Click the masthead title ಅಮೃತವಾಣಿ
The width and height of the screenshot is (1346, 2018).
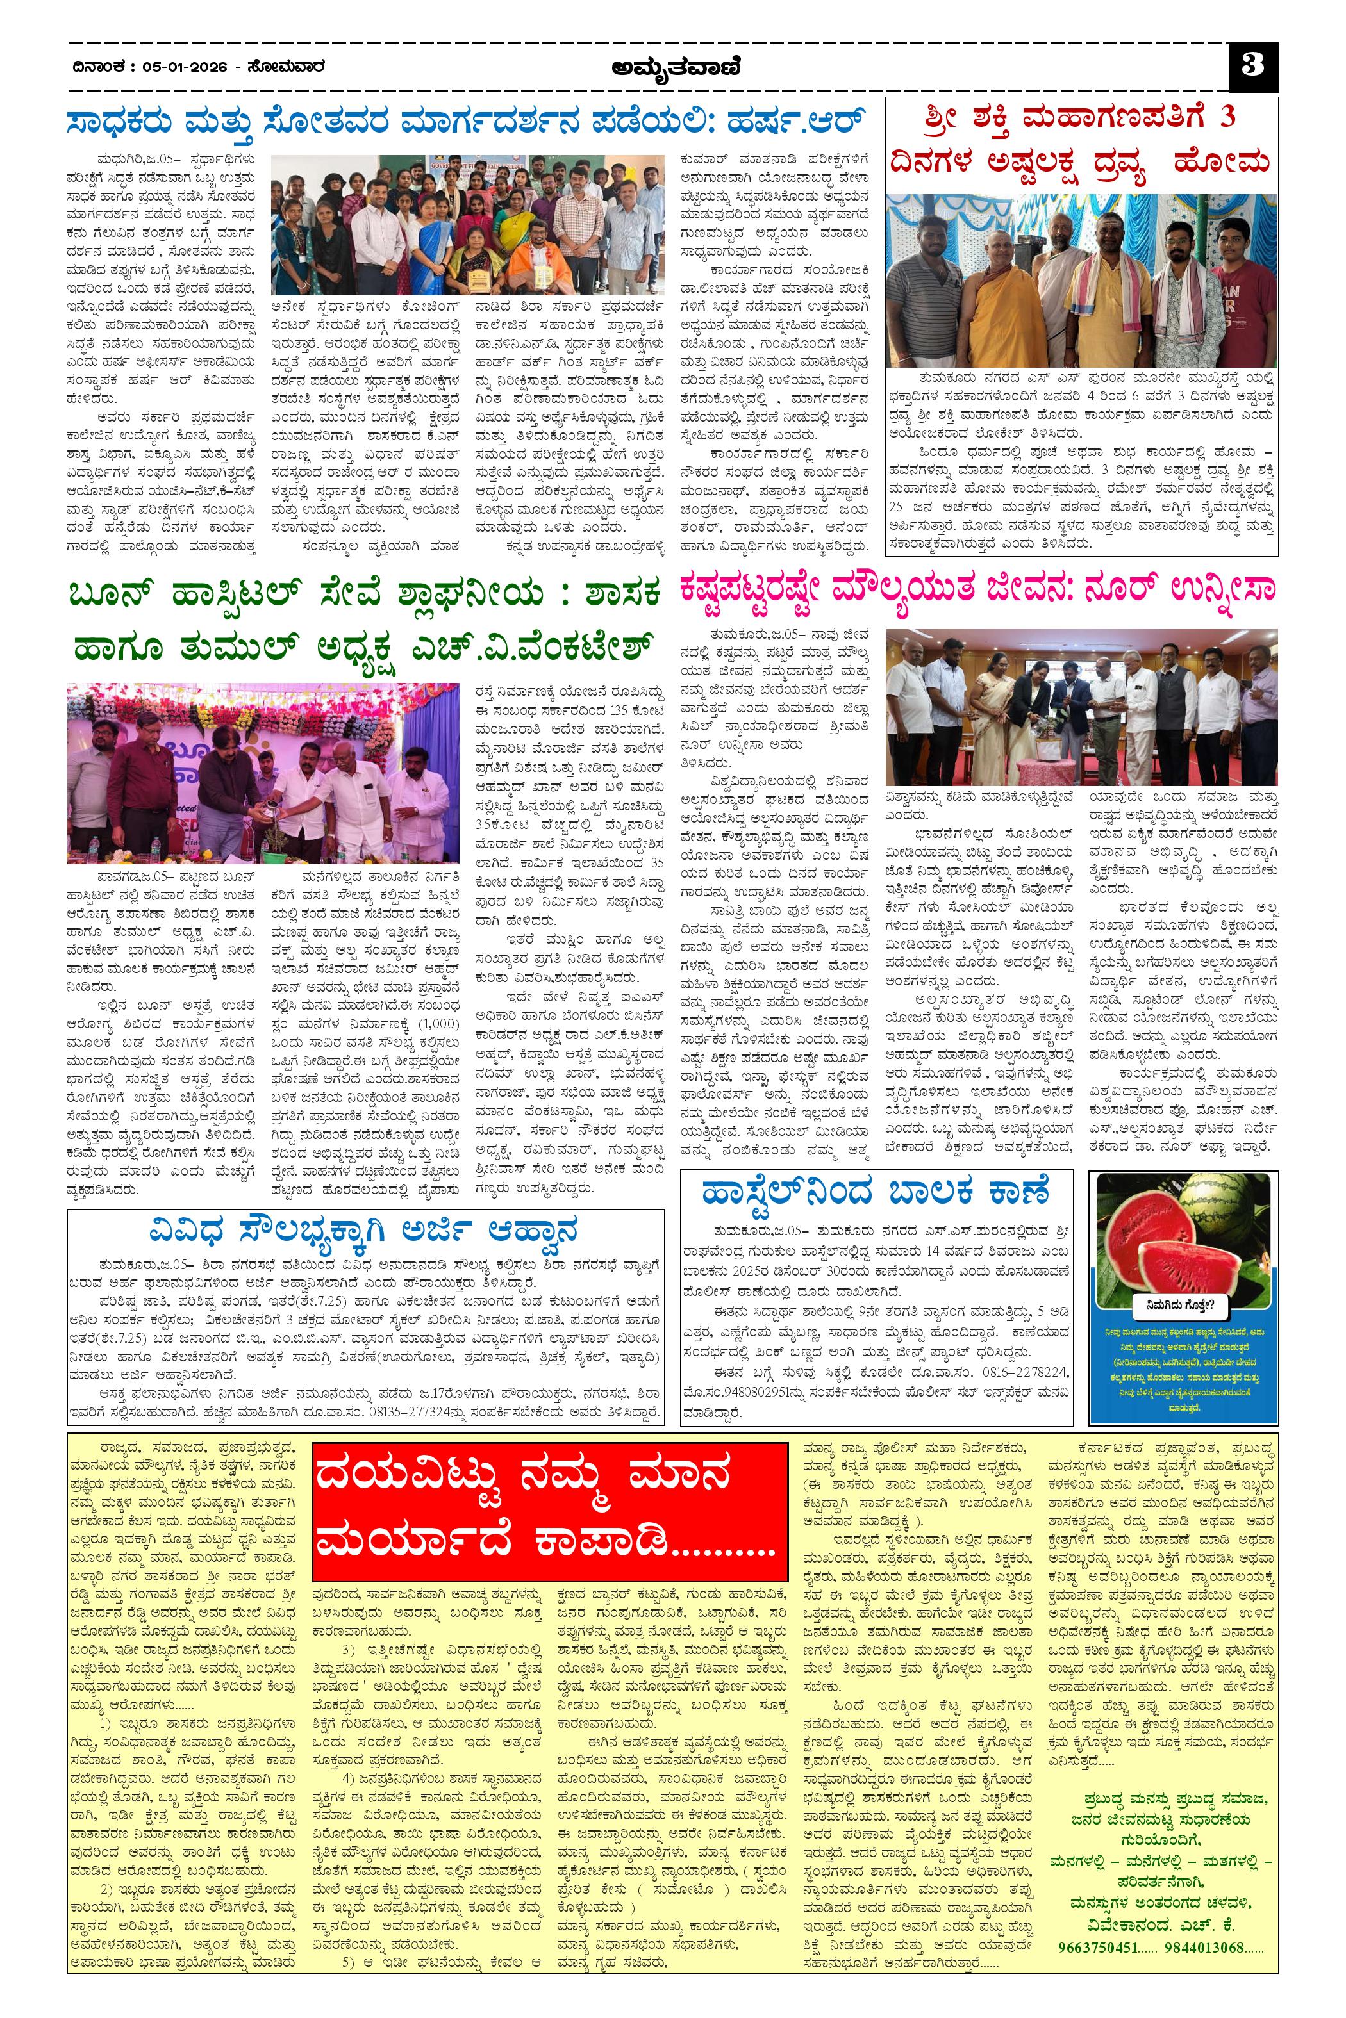click(x=673, y=66)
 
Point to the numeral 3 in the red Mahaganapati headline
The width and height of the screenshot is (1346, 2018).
click(x=1227, y=117)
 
